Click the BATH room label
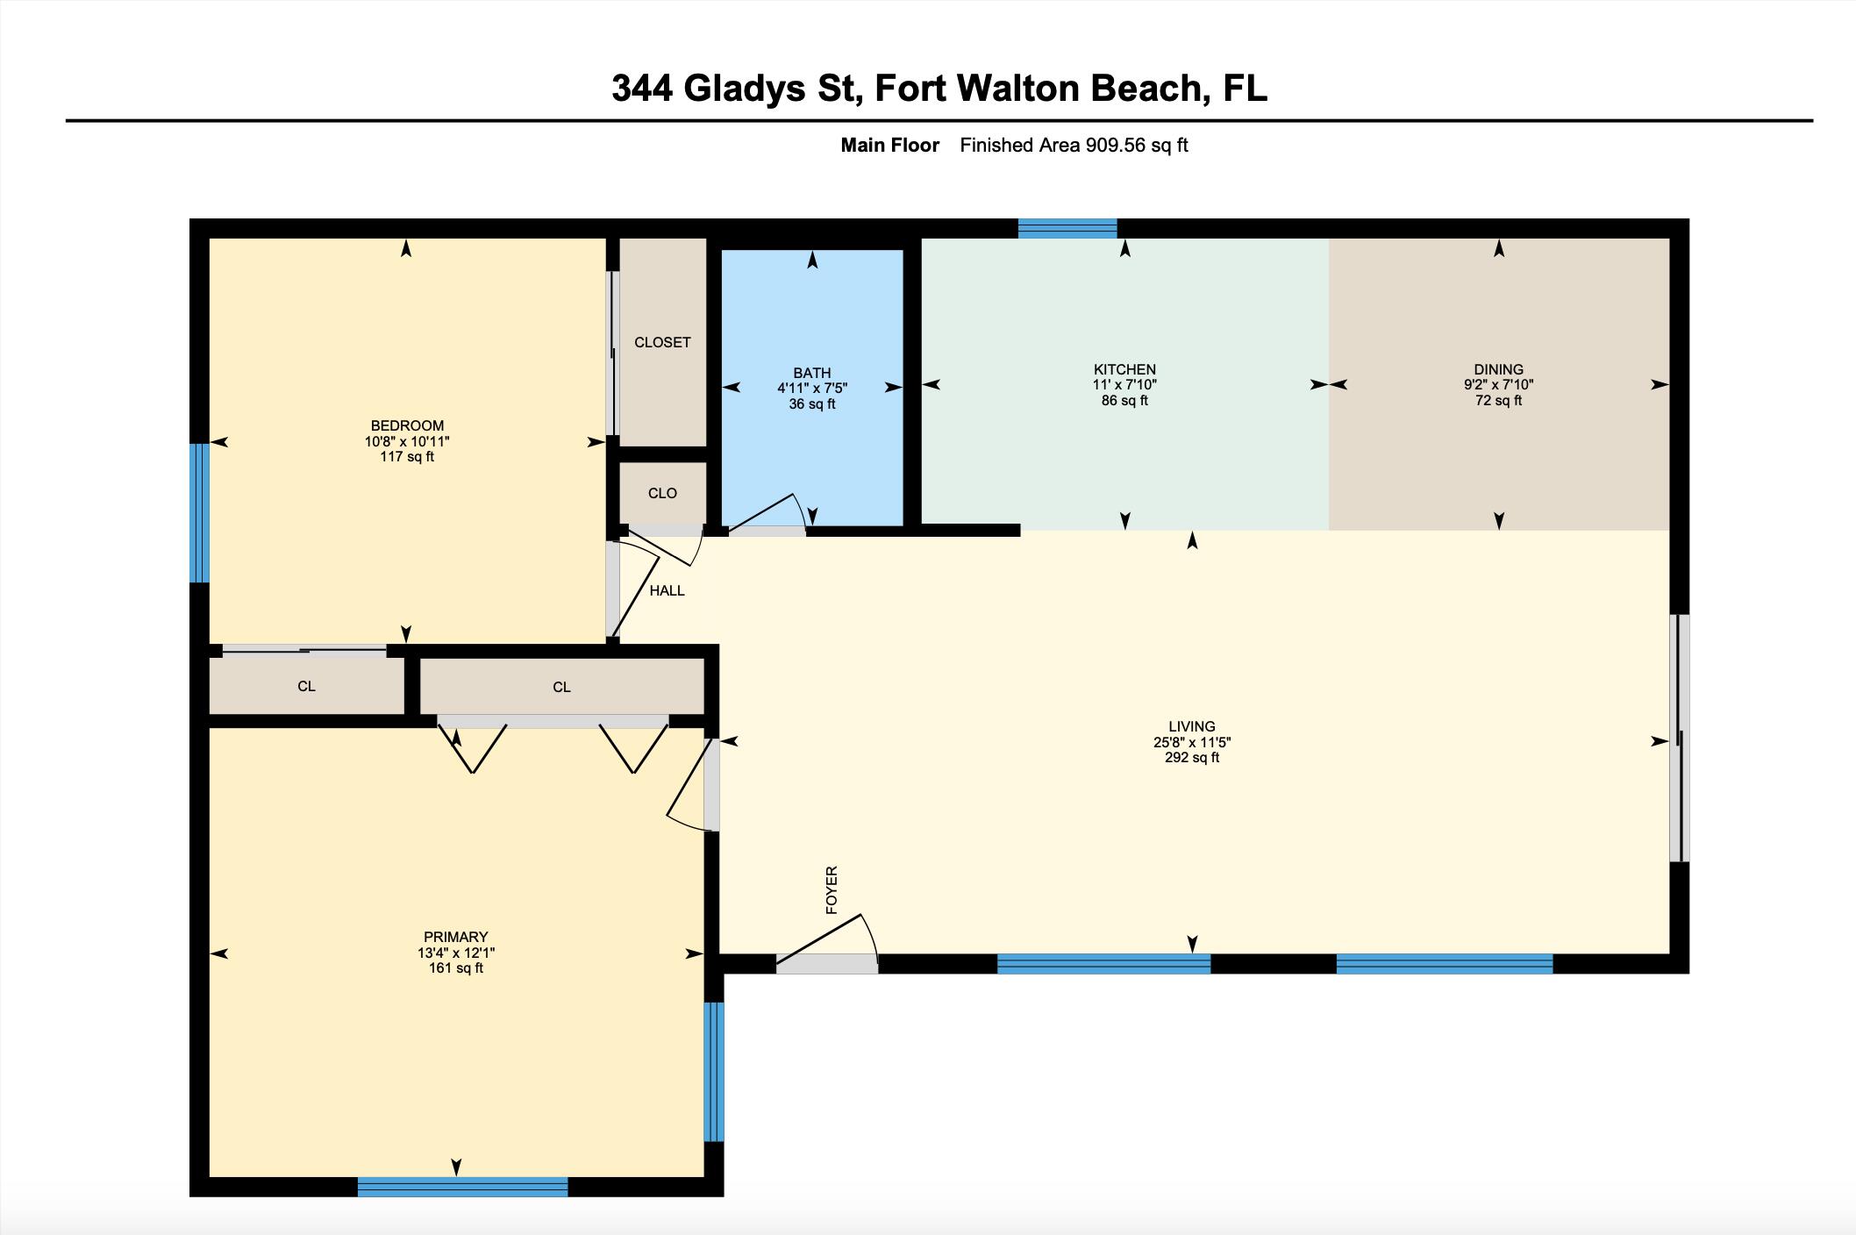point(811,373)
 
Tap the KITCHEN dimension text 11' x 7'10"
point(1124,385)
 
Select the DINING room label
point(1498,369)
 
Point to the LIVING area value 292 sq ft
point(1191,758)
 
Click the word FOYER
point(832,890)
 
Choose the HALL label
point(667,591)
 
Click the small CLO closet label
point(662,493)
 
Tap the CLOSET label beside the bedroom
point(662,342)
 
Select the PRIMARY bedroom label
point(455,937)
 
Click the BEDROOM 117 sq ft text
point(407,457)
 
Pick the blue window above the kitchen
point(1067,229)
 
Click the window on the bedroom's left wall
point(200,512)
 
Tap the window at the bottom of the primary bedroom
point(462,1187)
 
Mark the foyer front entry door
point(826,963)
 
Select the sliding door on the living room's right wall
point(1678,738)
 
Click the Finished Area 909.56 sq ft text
point(1073,146)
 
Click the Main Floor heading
point(889,146)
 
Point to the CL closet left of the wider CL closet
point(306,686)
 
